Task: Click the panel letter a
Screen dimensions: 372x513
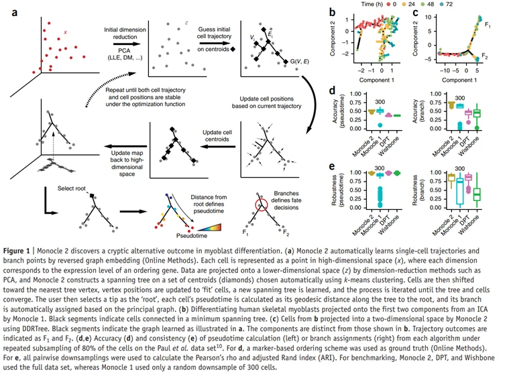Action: (9, 9)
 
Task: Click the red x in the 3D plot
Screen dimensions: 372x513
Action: (65, 32)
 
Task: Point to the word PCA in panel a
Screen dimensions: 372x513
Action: (123, 50)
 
